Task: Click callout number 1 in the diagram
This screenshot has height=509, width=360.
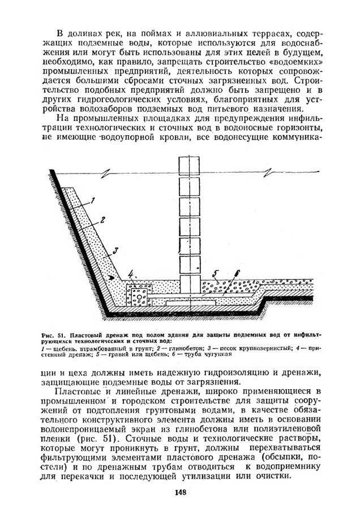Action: pyautogui.click(x=94, y=199)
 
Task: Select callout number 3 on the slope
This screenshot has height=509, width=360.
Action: pyautogui.click(x=115, y=249)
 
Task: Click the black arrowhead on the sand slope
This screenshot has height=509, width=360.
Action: pyautogui.click(x=112, y=278)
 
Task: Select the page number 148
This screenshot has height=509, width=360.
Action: pyautogui.click(x=180, y=492)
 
